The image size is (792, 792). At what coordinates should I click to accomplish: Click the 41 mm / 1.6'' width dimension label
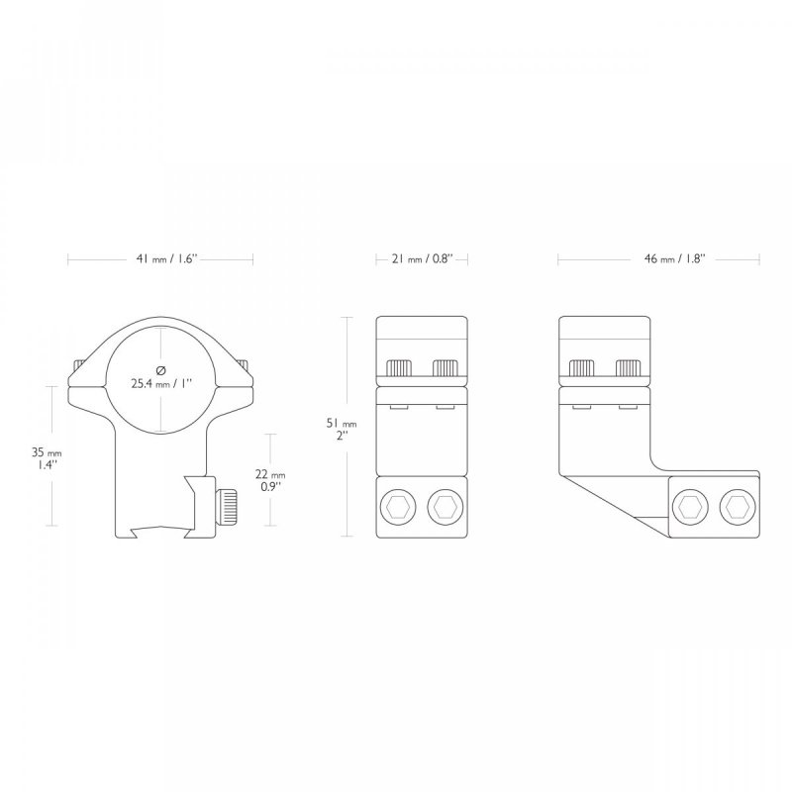165,259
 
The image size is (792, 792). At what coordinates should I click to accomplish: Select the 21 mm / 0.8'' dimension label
421,259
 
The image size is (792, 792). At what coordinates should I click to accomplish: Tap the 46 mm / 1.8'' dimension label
674,259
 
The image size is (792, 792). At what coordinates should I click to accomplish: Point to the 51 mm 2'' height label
342,430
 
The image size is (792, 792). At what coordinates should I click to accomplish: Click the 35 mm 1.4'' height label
47,458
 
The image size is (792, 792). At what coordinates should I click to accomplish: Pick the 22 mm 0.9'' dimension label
270,480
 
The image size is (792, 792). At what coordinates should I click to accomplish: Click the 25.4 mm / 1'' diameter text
161,384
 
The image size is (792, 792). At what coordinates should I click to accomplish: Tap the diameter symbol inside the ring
160,370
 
